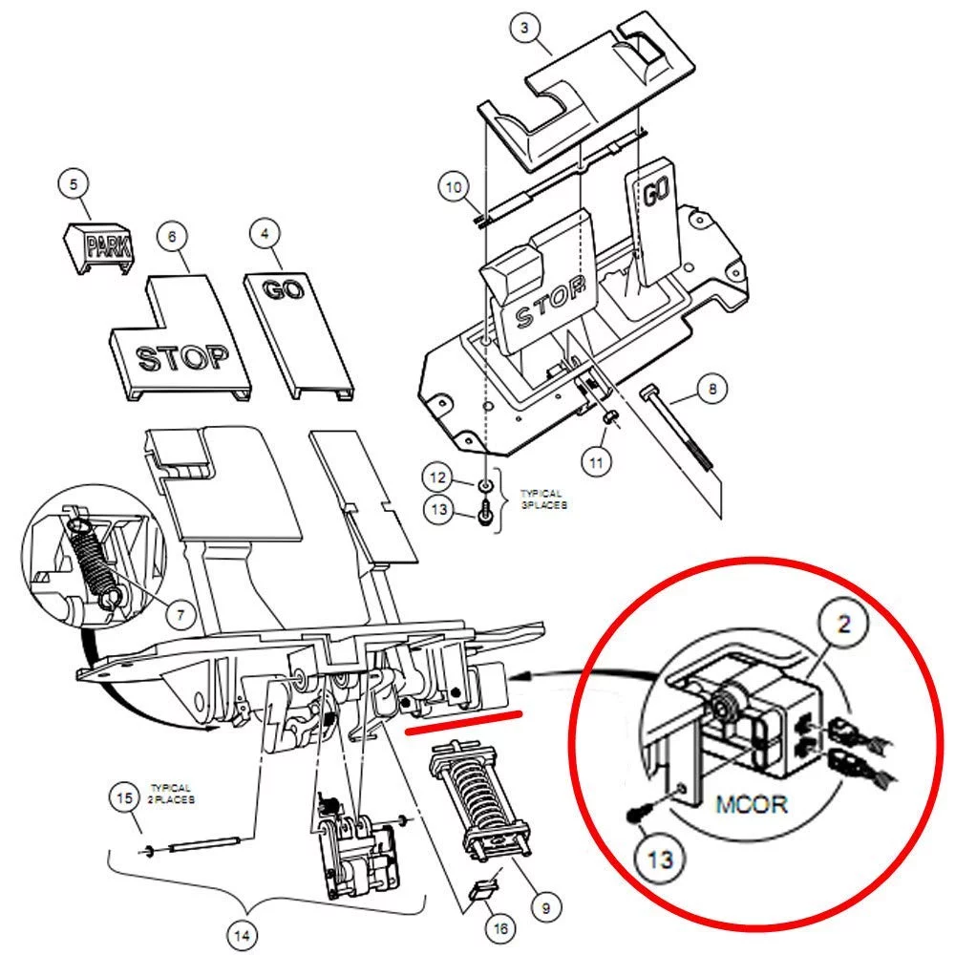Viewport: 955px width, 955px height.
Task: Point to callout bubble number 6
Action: click(172, 235)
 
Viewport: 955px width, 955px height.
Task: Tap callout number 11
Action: click(598, 463)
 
